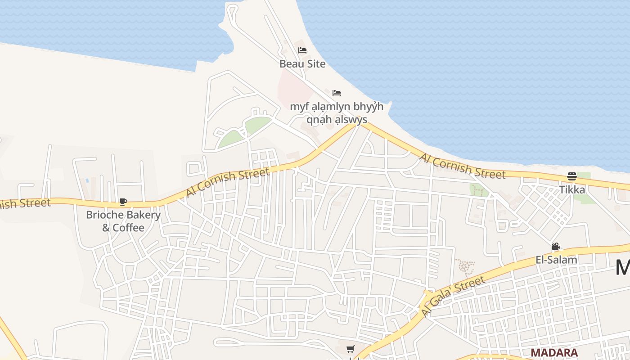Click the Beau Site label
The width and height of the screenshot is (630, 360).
[x=302, y=64]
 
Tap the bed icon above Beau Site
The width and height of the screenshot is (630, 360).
[x=302, y=50]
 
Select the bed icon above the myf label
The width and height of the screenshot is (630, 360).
[x=337, y=93]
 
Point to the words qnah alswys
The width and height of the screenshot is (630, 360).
[x=337, y=120]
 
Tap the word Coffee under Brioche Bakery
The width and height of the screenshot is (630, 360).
[x=129, y=228]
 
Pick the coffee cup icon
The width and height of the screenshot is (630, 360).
[x=123, y=202]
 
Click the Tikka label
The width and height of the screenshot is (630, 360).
[x=572, y=189]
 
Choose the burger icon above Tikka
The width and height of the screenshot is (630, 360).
[x=572, y=176]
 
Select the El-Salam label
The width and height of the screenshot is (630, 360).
[x=556, y=260]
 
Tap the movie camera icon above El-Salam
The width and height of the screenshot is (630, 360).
[x=556, y=247]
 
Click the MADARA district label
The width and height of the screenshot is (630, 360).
[x=554, y=352]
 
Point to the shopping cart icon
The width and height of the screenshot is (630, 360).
[x=351, y=349]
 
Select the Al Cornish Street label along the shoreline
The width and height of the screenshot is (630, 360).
[x=462, y=166]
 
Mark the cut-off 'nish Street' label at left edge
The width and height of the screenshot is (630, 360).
[x=25, y=203]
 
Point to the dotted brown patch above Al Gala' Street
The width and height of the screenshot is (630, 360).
[x=464, y=267]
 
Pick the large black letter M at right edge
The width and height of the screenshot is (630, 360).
[x=623, y=268]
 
